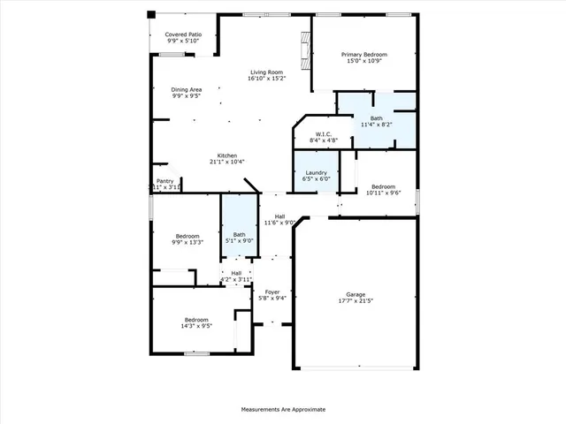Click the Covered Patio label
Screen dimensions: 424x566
(x=183, y=34)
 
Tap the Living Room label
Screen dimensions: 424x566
(x=265, y=72)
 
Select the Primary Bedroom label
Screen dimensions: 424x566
(x=364, y=55)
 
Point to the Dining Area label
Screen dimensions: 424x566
(x=187, y=89)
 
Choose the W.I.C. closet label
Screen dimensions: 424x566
(x=323, y=134)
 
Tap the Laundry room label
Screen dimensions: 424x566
(x=317, y=172)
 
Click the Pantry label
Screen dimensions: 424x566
(x=165, y=181)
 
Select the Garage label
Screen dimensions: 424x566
(x=356, y=294)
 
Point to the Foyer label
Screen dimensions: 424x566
(x=272, y=291)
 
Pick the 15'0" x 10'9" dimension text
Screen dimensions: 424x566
(x=364, y=61)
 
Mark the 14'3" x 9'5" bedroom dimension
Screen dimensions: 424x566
(x=196, y=325)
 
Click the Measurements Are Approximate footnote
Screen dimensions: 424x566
(x=283, y=410)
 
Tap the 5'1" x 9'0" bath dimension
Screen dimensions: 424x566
(x=239, y=240)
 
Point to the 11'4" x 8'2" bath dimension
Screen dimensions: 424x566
(x=377, y=125)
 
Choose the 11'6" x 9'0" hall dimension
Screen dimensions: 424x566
(x=279, y=222)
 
